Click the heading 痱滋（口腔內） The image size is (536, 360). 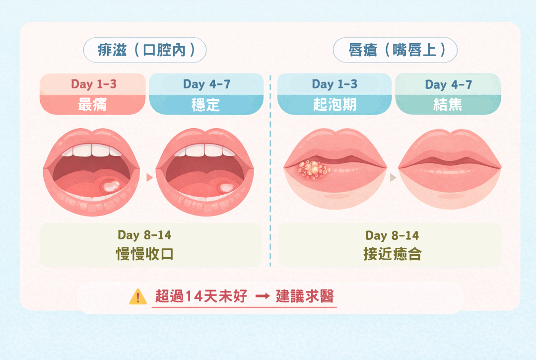point(144,51)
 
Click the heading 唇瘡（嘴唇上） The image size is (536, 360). point(395,51)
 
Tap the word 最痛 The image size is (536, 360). point(92,105)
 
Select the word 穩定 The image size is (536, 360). point(206,105)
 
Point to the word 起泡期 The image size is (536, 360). point(335,105)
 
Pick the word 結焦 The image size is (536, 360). point(448,105)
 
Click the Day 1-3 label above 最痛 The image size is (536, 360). point(93,84)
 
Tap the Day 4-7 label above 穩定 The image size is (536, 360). point(206,84)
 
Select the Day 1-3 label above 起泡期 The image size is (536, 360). point(335,84)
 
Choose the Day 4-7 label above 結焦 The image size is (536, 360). point(448,84)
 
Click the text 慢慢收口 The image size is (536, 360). point(144,254)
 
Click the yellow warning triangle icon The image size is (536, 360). point(137,297)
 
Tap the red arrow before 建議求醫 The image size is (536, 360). point(263,296)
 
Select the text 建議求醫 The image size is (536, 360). point(305,296)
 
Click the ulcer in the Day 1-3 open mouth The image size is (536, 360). point(111,186)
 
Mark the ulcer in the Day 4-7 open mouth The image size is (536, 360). point(225,187)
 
